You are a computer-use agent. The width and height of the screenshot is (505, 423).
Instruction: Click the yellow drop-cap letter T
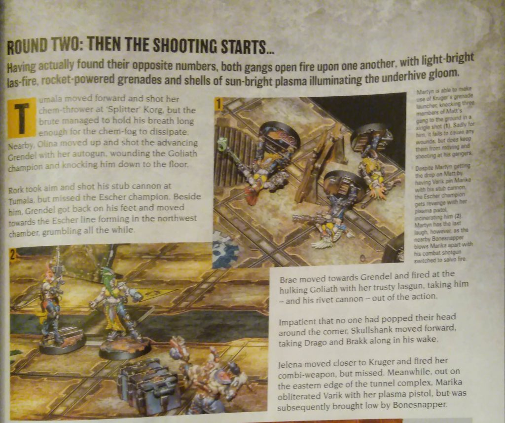coord(21,118)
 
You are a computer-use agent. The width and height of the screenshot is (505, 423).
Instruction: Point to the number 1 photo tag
coord(218,104)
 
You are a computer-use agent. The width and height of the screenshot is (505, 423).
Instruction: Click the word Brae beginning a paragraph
coord(288,279)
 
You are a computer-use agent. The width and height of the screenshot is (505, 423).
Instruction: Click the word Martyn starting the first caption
coord(423,91)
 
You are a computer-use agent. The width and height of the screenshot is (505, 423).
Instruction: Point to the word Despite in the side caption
coord(423,168)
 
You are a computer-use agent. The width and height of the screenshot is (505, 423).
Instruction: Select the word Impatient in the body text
coord(296,322)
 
